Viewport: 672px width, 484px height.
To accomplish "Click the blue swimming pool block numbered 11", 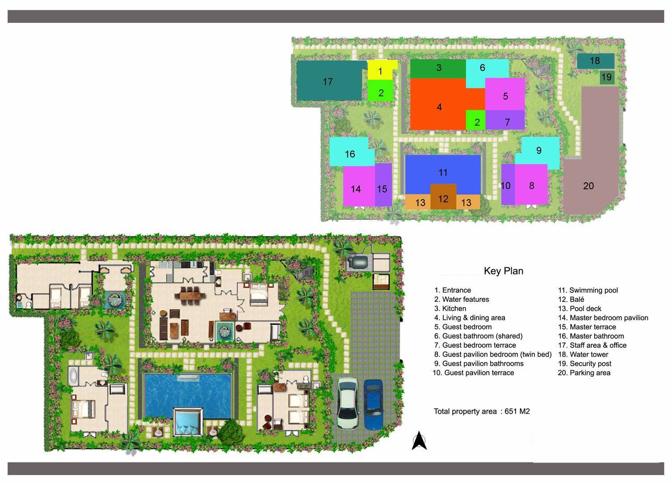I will click(x=443, y=170).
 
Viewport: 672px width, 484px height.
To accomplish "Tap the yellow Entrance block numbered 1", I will click(x=380, y=71).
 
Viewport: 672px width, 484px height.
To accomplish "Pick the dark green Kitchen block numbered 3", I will click(x=438, y=68).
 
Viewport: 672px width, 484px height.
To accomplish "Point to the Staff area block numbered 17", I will click(x=329, y=81).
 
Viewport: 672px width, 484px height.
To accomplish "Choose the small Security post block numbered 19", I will click(x=606, y=77).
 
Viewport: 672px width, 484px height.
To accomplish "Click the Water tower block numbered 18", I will click(x=594, y=61).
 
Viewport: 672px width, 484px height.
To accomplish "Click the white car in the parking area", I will click(x=347, y=403).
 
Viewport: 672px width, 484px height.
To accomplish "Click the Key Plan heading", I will click(x=503, y=271).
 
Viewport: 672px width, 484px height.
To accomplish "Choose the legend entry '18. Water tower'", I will click(x=589, y=354).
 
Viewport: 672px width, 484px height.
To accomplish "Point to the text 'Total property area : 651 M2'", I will click(x=482, y=411).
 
